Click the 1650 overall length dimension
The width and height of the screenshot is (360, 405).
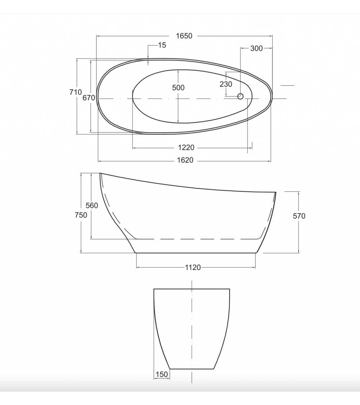[x=184, y=36]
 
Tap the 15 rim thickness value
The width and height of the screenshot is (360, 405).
[x=162, y=45]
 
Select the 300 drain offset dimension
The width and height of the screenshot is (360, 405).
[x=256, y=48]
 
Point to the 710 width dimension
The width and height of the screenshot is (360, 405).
[x=75, y=92]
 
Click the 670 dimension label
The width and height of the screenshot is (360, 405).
[x=89, y=98]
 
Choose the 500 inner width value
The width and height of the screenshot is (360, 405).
[x=178, y=87]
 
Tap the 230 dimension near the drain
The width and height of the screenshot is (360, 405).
[x=226, y=84]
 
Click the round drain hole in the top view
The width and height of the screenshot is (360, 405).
[x=240, y=96]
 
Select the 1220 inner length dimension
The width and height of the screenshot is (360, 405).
[x=186, y=148]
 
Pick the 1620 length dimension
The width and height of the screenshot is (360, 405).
[x=185, y=161]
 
